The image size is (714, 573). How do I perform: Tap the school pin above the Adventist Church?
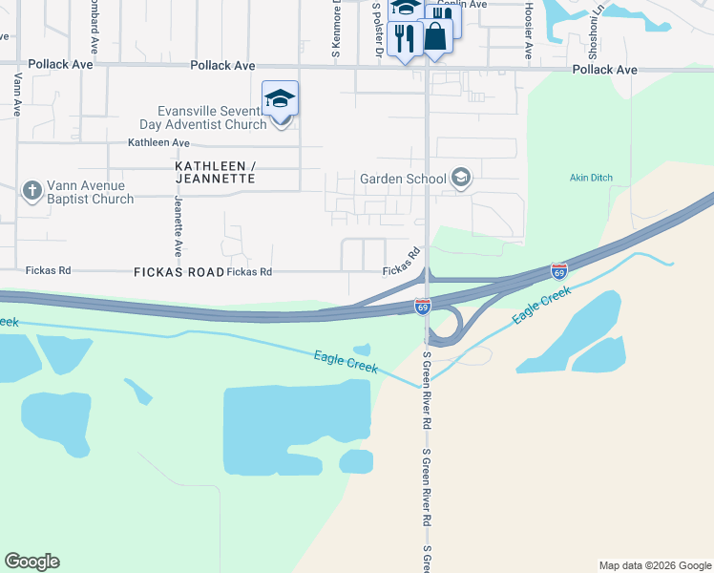click(281, 99)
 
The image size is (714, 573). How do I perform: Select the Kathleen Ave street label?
click(158, 143)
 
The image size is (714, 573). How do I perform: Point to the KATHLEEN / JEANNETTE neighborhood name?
click(216, 172)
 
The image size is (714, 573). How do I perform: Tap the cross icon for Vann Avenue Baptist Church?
click(31, 191)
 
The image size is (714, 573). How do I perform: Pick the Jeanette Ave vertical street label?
click(178, 227)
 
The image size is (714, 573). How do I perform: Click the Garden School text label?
click(402, 179)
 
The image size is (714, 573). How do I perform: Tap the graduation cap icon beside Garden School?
click(461, 178)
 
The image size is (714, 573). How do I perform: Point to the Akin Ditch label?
click(591, 178)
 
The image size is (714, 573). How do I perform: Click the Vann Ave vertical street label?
click(17, 94)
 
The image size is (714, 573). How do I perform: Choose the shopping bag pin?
click(435, 37)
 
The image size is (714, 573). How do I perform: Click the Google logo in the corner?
click(31, 562)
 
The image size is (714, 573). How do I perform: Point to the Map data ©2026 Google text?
click(654, 565)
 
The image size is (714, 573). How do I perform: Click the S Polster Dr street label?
click(377, 29)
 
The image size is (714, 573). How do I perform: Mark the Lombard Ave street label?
click(94, 29)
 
